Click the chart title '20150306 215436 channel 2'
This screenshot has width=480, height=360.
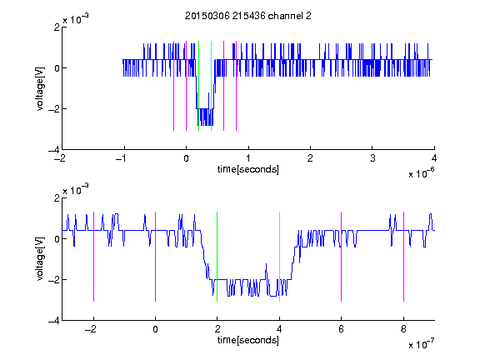point(248,16)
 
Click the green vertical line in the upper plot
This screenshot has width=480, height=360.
point(199,86)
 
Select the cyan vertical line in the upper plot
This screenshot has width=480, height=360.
point(211,86)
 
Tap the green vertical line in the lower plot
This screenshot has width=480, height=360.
point(217,257)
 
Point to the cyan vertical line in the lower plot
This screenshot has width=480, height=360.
point(279,257)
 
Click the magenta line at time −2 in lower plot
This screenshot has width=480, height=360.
point(93,257)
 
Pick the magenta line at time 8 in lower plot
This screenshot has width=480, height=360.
point(404,257)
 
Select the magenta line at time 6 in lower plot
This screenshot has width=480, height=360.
point(342,257)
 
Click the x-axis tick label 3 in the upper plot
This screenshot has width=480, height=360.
point(372,158)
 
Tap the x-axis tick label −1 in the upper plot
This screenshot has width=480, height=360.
point(122,158)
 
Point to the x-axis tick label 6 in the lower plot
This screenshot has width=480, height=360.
point(342,329)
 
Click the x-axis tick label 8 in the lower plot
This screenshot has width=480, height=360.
point(404,329)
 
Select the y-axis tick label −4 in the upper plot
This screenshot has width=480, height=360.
point(54,150)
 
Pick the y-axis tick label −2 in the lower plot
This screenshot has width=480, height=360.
point(54,279)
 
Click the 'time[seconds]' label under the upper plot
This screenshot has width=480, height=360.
point(248,169)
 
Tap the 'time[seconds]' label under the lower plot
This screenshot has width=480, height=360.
point(248,340)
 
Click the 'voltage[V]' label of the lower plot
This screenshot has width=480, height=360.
point(40,259)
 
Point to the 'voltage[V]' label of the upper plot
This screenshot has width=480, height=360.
point(40,88)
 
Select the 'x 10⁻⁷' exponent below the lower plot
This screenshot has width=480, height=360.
point(421,343)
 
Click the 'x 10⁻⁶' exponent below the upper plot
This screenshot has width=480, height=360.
point(421,172)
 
